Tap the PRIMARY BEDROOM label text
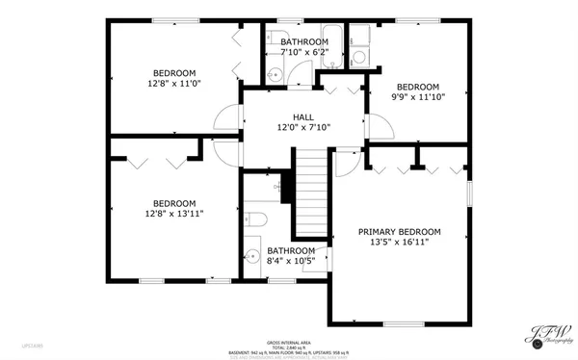pyautogui.click(x=399, y=232)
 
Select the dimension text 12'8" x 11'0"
pyautogui.click(x=174, y=84)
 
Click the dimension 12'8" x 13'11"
pyautogui.click(x=174, y=214)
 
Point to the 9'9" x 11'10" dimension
pyautogui.click(x=418, y=96)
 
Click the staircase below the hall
pyautogui.click(x=312, y=193)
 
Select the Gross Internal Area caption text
pyautogui.click(x=289, y=342)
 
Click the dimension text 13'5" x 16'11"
pyautogui.click(x=399, y=243)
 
